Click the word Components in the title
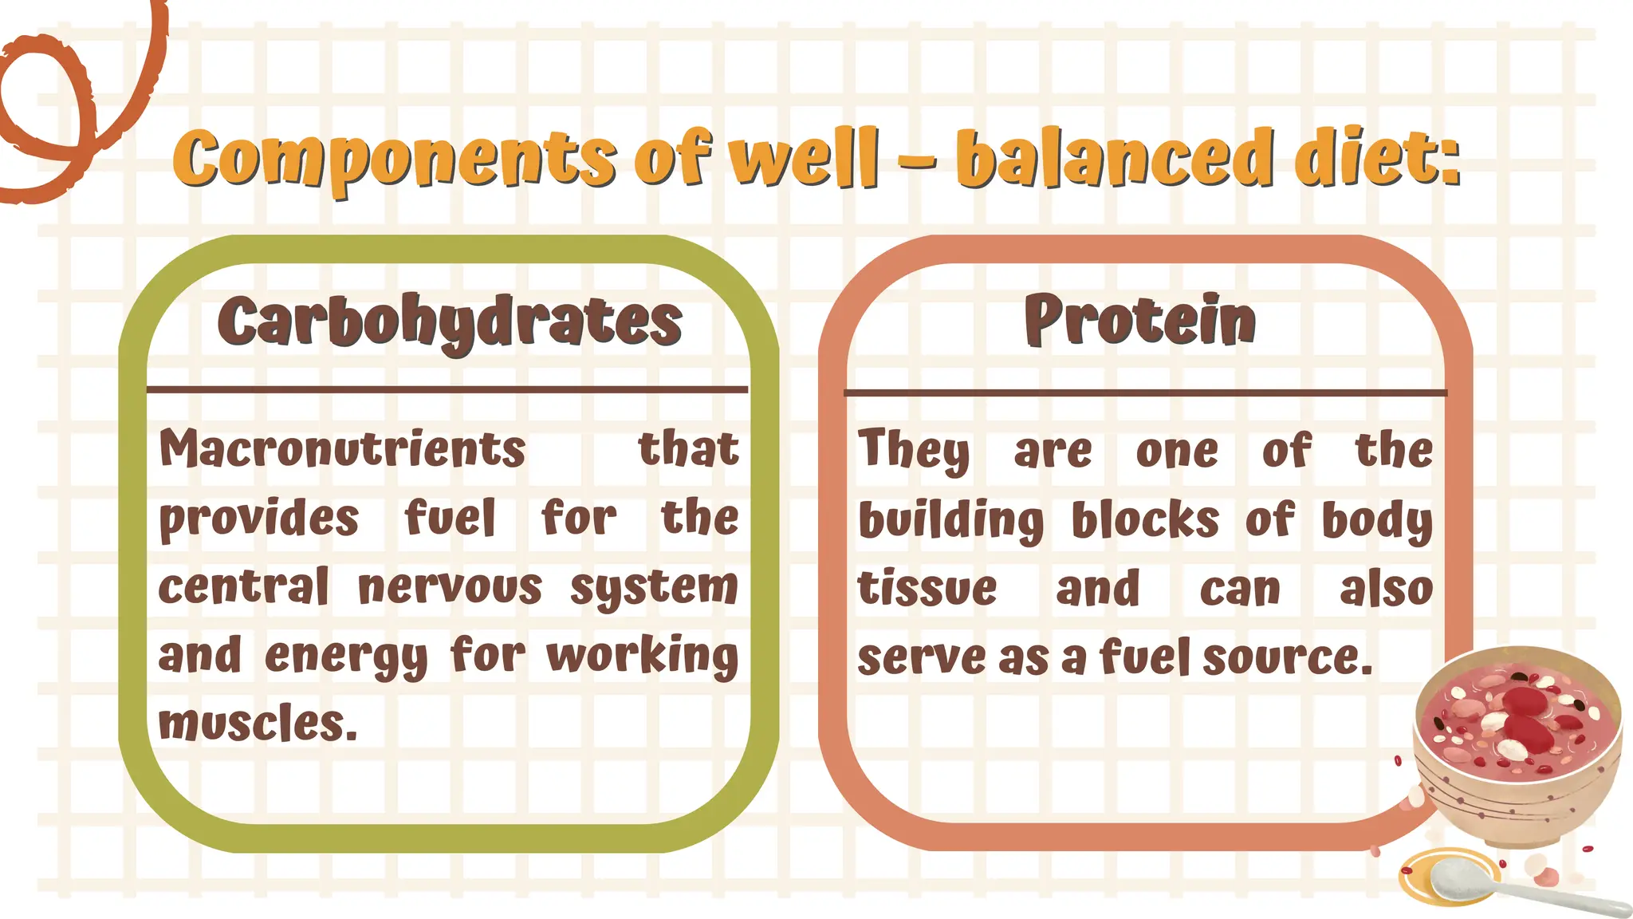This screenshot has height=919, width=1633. point(395,157)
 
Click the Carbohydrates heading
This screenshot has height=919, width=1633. point(450,321)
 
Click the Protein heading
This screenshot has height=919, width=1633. point(1140,320)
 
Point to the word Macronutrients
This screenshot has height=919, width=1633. point(342,449)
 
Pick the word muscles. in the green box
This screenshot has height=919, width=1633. point(258,724)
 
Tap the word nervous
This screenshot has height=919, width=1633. point(450,588)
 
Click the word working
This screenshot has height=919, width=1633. point(643,656)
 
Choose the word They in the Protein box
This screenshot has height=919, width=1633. point(914,451)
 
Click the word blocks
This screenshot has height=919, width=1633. point(1145,520)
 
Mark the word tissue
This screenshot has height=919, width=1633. point(927,590)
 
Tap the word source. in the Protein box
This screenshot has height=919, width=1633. point(1287,658)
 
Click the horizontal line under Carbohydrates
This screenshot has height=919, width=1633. point(447,390)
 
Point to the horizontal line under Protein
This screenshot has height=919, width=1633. point(1145,393)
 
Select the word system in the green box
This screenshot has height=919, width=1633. point(654,589)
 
